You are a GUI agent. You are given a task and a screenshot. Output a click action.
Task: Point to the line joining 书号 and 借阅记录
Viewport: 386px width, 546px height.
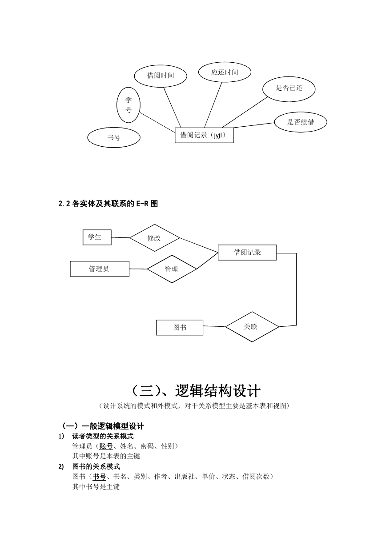pos(157,138)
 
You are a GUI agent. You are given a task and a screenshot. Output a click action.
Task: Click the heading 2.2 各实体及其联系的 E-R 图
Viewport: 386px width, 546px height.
pos(108,204)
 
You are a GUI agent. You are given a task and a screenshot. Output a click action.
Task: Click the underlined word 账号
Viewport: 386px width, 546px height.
pos(106,446)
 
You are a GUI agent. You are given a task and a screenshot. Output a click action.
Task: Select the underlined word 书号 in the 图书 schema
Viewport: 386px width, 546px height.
pos(99,476)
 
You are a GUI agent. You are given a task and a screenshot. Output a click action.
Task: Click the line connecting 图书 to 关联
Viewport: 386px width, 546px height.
pos(214,326)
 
